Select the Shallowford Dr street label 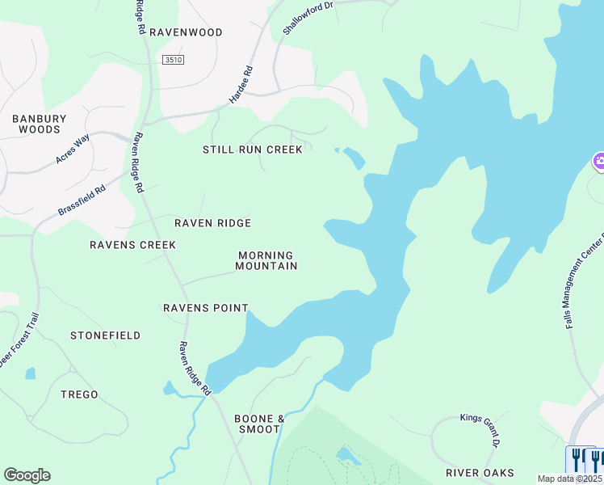point(308,18)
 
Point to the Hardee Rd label point(241,84)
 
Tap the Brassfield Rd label point(82,201)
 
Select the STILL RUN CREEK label point(253,150)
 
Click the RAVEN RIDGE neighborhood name point(213,223)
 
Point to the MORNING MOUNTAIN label point(267,260)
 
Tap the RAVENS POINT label point(205,308)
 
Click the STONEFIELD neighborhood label point(105,335)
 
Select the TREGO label point(79,394)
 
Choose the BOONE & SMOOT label point(259,424)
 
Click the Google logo point(27,475)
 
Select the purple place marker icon point(599,162)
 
